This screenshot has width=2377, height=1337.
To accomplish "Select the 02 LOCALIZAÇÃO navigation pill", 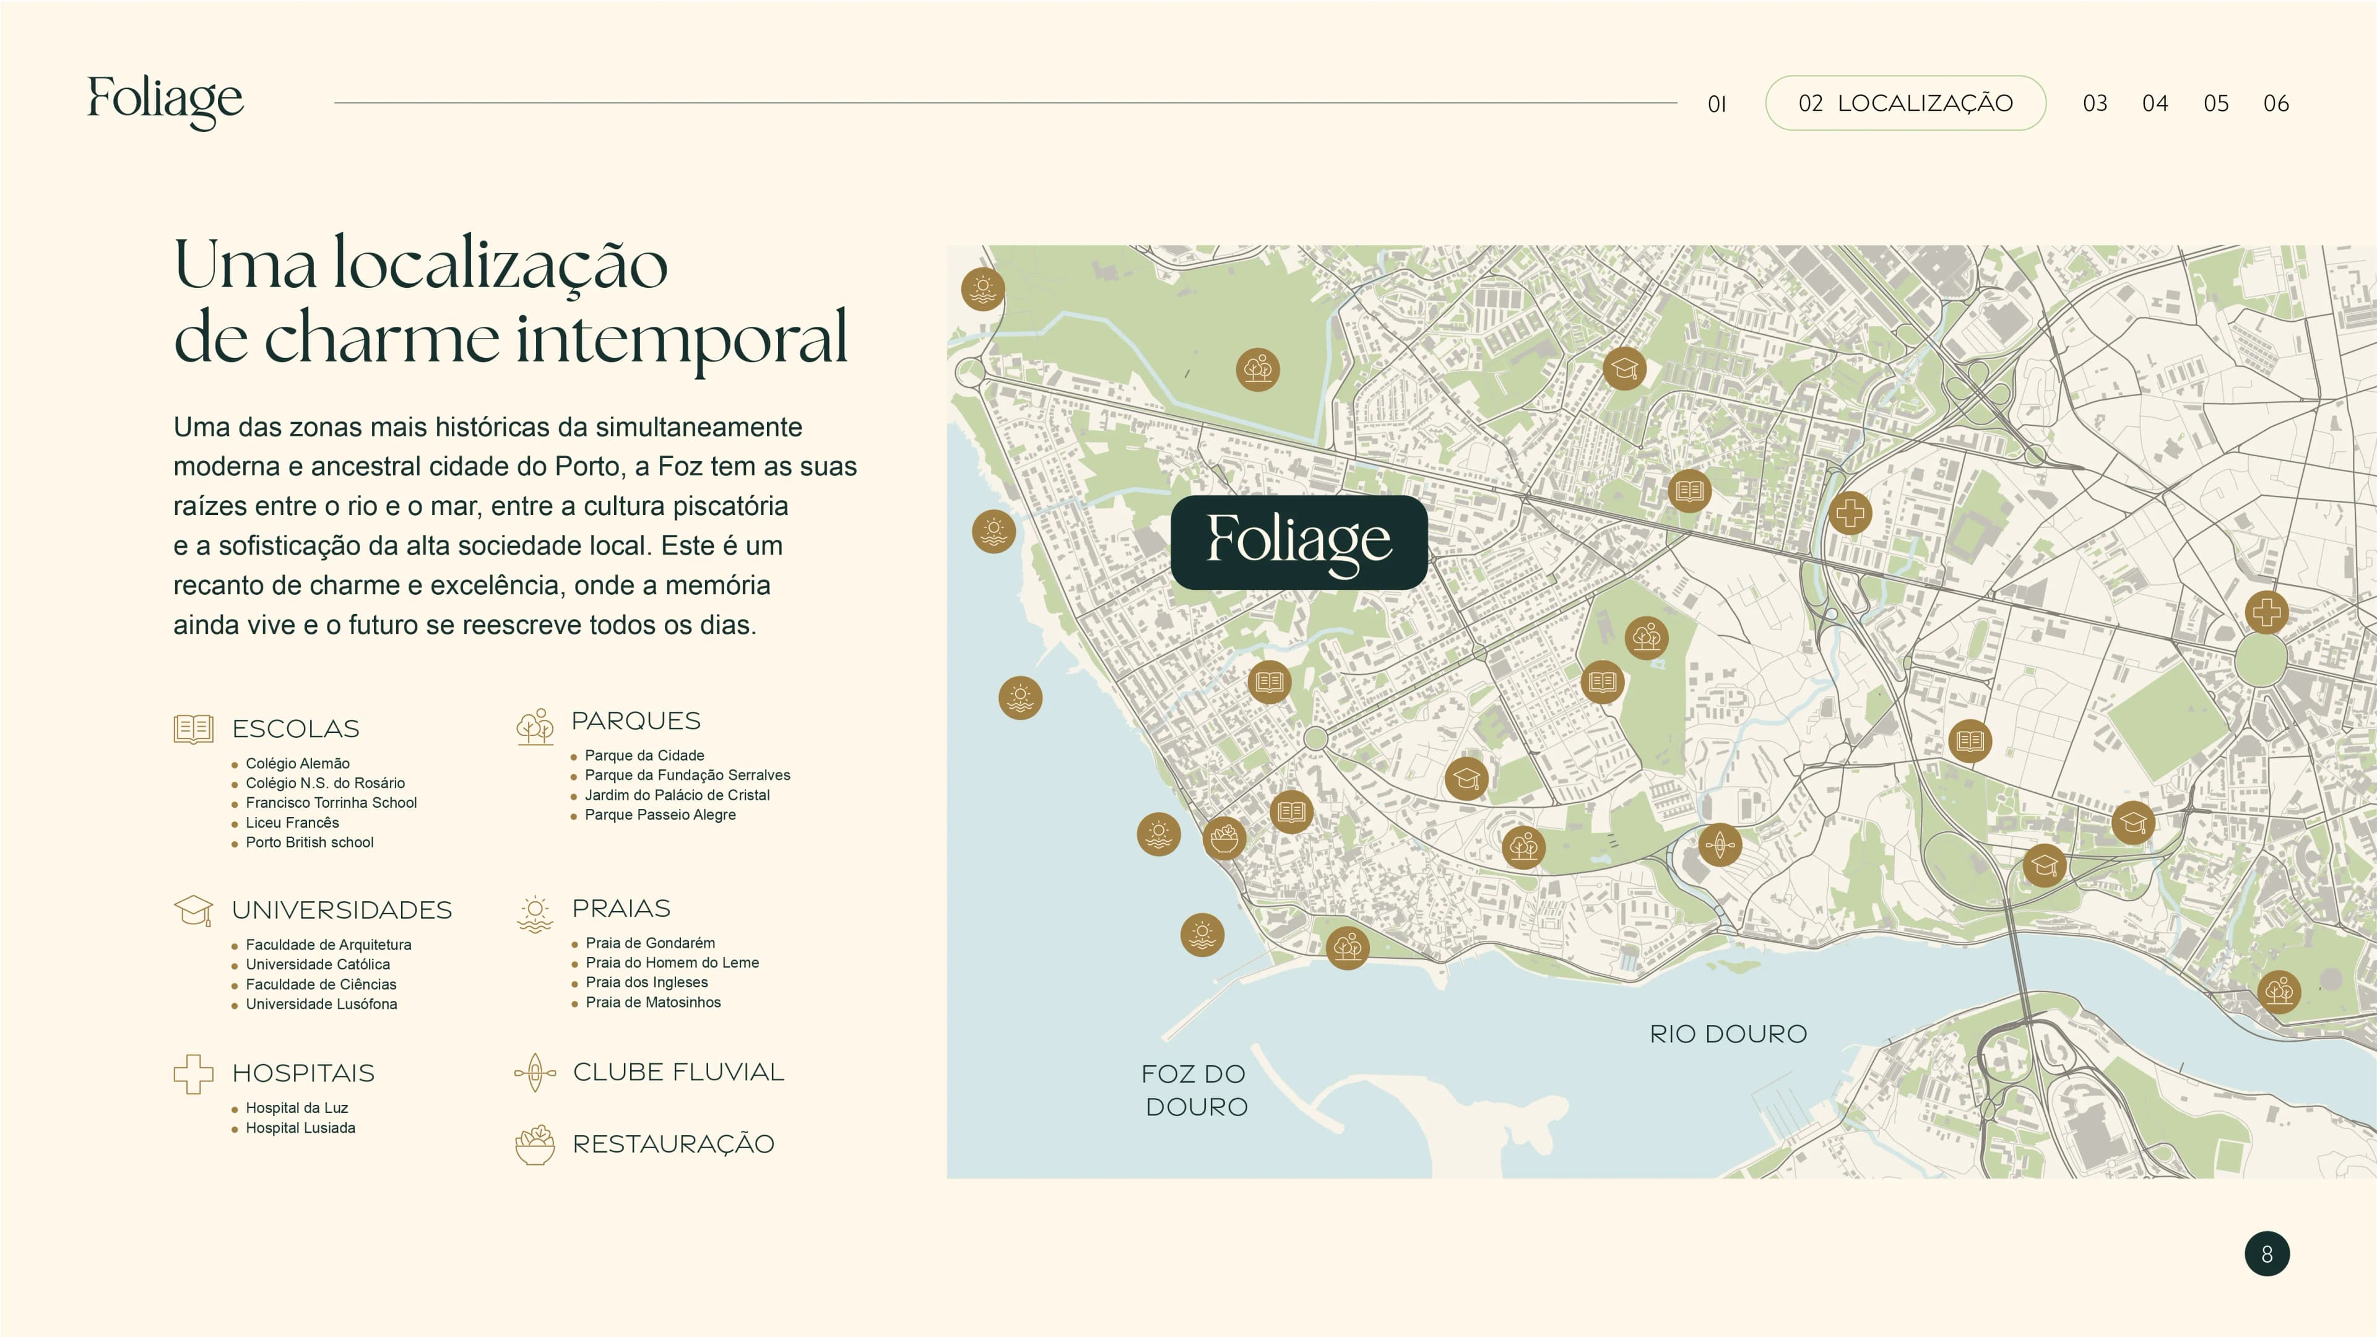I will pyautogui.click(x=1905, y=103).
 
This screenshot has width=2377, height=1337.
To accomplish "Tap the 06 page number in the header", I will pyautogui.click(x=2275, y=103).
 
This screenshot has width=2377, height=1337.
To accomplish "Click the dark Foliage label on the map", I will pyautogui.click(x=1298, y=542).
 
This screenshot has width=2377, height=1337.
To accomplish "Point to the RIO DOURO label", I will pyautogui.click(x=1728, y=1034).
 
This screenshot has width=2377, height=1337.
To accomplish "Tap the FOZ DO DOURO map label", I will pyautogui.click(x=1195, y=1089).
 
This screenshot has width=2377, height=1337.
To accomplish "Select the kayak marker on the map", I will pyautogui.click(x=1719, y=844).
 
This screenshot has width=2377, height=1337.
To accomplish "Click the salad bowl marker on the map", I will pyautogui.click(x=1224, y=838).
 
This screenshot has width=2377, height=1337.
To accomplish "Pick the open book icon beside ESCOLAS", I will pyautogui.click(x=194, y=729).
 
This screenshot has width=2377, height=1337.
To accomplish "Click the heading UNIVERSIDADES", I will pyautogui.click(x=342, y=910).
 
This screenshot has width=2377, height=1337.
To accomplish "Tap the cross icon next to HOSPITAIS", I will pyautogui.click(x=193, y=1073).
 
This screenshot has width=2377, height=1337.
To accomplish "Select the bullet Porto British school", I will pyautogui.click(x=309, y=842).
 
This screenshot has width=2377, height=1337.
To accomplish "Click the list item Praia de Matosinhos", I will pyautogui.click(x=652, y=1002).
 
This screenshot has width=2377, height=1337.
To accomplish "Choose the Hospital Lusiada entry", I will pyautogui.click(x=300, y=1128).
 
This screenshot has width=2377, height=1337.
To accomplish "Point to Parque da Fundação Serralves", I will pyautogui.click(x=686, y=775).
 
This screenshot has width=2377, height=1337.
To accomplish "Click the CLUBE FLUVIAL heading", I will pyautogui.click(x=678, y=1072).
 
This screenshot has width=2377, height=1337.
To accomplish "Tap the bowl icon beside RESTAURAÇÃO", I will pyautogui.click(x=534, y=1144).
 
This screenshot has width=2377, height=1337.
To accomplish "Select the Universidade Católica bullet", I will pyautogui.click(x=318, y=964).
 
